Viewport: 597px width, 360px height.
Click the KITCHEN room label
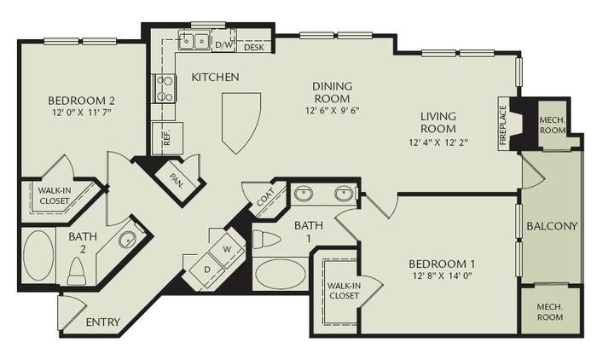point(215,78)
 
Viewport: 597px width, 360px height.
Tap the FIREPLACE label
point(503,125)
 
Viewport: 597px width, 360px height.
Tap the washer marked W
point(227,249)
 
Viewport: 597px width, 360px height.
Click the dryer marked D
point(206,270)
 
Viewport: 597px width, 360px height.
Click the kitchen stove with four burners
point(164,88)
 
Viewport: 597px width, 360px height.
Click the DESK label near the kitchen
point(253,47)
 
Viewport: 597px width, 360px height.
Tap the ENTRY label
point(103,322)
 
